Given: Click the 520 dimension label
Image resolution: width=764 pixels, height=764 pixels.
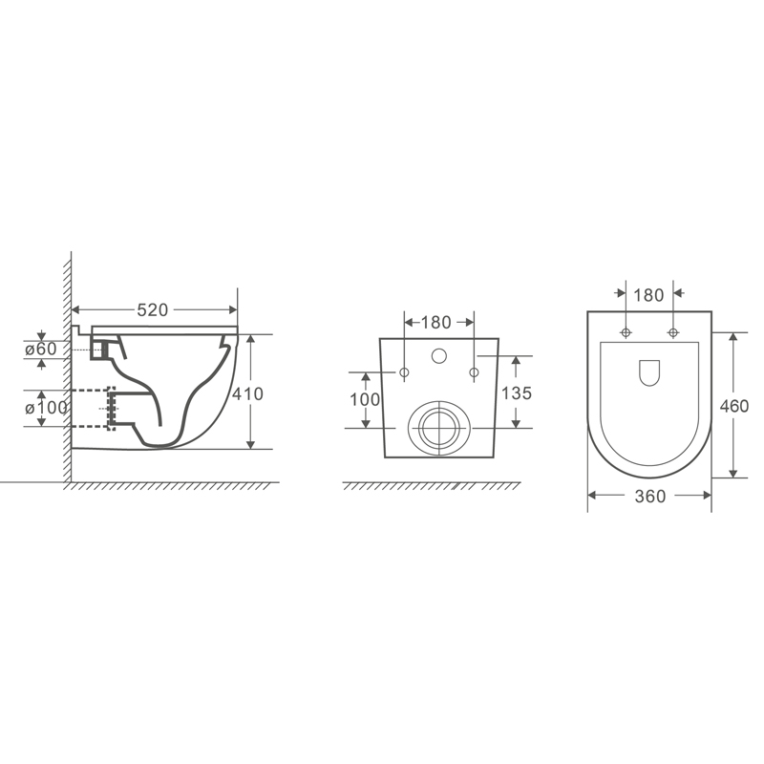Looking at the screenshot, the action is (x=152, y=309).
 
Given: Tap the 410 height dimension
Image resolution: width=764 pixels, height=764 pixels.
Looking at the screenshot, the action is (x=247, y=393).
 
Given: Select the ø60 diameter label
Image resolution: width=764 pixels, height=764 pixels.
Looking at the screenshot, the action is (x=41, y=349).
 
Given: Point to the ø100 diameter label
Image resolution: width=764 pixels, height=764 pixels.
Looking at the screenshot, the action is (x=46, y=408).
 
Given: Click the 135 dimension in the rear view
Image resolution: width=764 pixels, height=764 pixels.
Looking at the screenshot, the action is (x=517, y=393).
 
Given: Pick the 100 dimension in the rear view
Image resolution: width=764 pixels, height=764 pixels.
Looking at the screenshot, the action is (x=365, y=399).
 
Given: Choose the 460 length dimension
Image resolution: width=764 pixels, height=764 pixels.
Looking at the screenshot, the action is (x=733, y=406).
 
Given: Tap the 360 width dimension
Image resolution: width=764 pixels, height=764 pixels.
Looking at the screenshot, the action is (x=650, y=497).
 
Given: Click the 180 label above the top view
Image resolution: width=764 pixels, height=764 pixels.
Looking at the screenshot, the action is (x=648, y=295).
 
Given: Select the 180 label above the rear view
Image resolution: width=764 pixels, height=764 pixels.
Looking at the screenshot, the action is (x=435, y=323).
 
